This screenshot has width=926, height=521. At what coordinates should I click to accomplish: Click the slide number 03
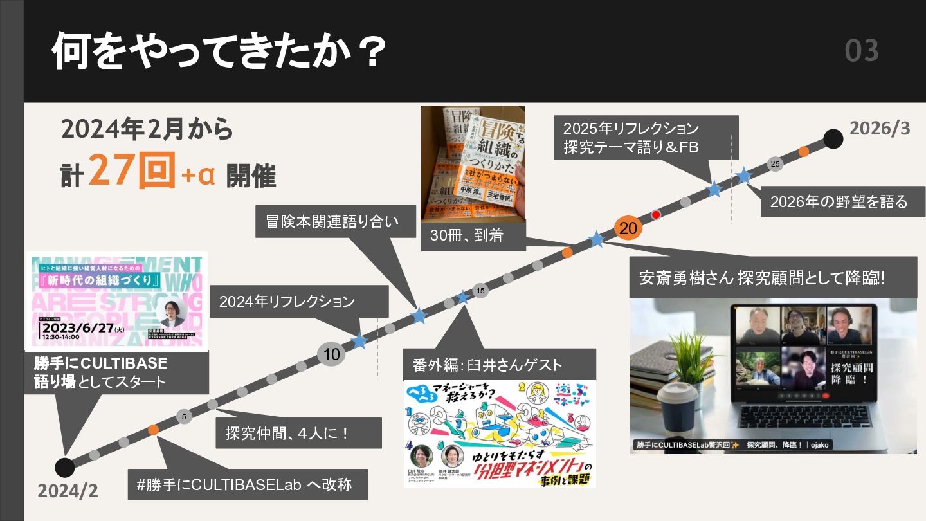point(862,51)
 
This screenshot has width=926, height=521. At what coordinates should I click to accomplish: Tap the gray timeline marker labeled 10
point(332,354)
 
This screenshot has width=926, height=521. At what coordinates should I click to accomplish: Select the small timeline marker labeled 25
point(775,164)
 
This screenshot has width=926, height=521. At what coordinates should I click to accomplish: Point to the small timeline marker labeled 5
point(184,417)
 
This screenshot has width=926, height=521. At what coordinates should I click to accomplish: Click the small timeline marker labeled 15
point(480,291)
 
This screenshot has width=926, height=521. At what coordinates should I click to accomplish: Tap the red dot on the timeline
point(656,215)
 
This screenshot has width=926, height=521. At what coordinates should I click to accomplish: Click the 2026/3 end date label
point(880,128)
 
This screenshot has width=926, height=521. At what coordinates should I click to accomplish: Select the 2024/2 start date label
point(68,491)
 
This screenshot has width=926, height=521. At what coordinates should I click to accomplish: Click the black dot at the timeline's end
point(833,139)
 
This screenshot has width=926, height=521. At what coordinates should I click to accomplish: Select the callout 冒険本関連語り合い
point(332,221)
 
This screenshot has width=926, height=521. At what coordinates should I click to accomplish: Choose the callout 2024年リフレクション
point(287,301)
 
